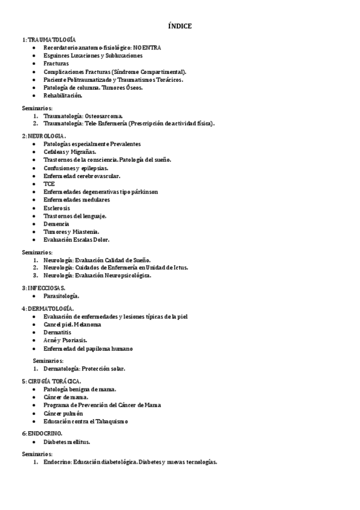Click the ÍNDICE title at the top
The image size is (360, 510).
pos(180,26)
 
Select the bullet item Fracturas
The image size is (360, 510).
pos(56,63)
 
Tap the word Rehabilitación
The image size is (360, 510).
pos(63,95)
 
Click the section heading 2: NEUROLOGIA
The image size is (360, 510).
pos(43,136)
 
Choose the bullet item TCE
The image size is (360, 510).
pos(49,183)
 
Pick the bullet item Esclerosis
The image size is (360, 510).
pos(56,207)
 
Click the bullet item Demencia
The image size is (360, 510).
pos(56,223)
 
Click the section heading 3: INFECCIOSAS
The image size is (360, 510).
pos(44,288)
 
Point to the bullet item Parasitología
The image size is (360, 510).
pos(61,296)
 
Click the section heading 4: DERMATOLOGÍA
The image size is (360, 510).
pos(47,309)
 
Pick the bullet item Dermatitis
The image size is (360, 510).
pos(57,332)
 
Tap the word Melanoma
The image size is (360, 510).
pos(87,324)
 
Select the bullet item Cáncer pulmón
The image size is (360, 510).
pos(63,413)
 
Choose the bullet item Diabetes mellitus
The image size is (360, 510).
pos(66,441)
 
